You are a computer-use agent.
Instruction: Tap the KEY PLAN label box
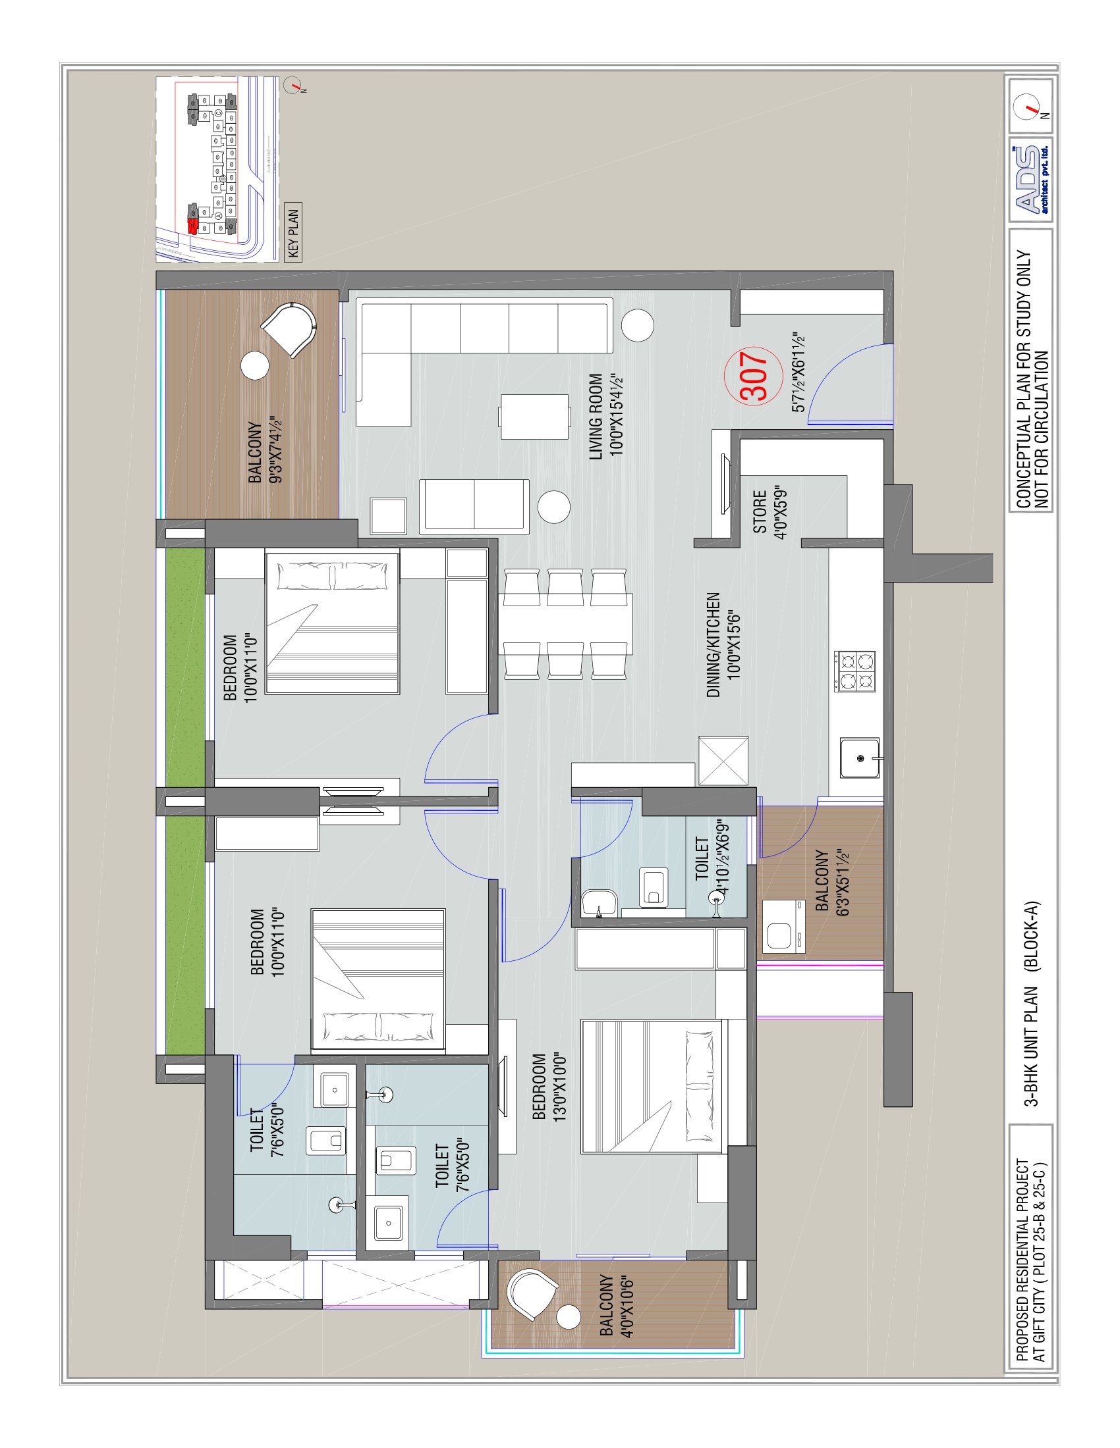[293, 232]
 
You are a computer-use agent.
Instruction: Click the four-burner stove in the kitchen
[856, 671]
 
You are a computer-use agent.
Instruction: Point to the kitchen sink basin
[860, 756]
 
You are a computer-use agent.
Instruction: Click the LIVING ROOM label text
[605, 416]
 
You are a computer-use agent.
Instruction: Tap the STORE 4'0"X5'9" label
[769, 514]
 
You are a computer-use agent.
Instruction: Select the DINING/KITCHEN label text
[723, 644]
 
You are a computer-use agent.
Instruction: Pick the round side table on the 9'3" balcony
[255, 365]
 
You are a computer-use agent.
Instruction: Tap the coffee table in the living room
[535, 417]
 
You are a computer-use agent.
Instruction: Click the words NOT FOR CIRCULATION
[1042, 430]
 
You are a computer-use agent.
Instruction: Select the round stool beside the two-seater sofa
[553, 507]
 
